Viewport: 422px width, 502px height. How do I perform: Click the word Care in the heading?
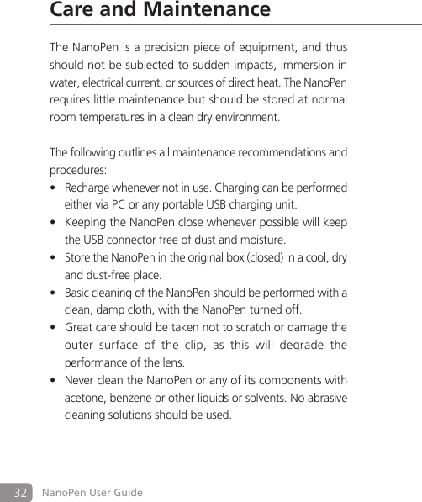71,10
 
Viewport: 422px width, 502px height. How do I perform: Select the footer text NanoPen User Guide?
92,492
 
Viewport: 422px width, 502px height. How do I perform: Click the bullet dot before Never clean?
54,380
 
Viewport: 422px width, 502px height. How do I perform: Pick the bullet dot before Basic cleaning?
54,293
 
